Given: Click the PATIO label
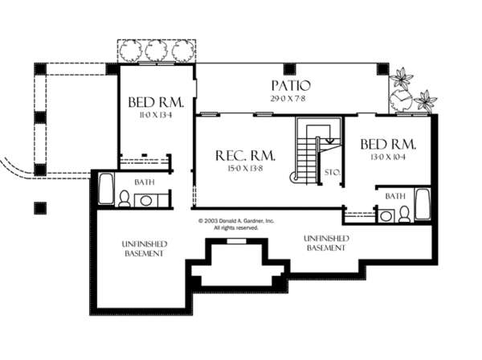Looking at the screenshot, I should (291, 85).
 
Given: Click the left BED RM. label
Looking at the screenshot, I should (157, 103).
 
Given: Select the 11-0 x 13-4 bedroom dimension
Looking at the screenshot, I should (157, 116).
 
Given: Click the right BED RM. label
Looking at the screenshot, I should (388, 145).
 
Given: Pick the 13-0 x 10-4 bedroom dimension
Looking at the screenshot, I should (388, 157).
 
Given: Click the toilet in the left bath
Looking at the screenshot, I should (125, 200).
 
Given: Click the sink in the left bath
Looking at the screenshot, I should (147, 200).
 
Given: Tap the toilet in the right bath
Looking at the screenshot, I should (405, 214).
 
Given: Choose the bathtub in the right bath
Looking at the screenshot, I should (424, 205).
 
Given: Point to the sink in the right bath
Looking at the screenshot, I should (385, 215).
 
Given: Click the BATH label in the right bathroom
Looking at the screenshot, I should (394, 195).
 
